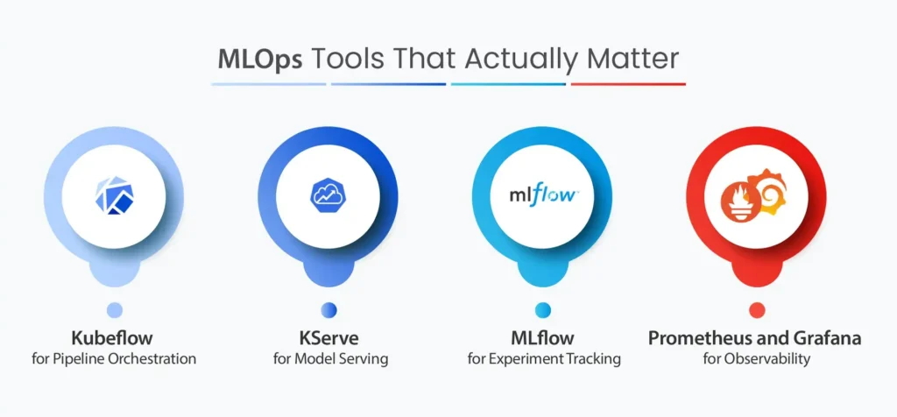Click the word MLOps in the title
coord(260,60)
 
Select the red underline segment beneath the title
coord(628,84)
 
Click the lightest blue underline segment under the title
coord(269,84)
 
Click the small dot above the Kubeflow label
coord(115,310)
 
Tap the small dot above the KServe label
coord(329,310)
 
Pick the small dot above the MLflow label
coord(543,310)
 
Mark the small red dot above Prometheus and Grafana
coord(757,310)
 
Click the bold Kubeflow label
coord(112,338)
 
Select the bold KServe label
coord(329,338)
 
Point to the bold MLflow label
coord(543,338)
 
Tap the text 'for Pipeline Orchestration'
coord(114,359)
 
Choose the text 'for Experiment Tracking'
coord(544,359)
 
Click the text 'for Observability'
coord(757,359)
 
